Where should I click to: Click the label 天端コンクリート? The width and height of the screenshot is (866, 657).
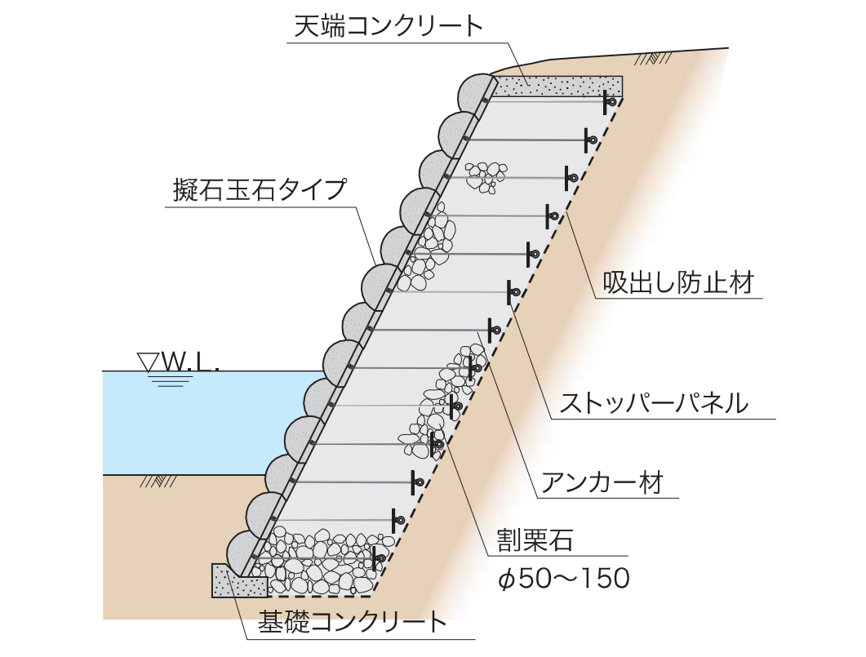click(389, 26)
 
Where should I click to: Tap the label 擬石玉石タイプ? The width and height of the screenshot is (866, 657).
click(260, 189)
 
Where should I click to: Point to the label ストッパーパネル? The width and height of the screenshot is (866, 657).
click(653, 402)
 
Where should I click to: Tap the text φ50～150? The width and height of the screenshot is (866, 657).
click(563, 579)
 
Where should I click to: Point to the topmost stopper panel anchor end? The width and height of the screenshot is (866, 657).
click(607, 102)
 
